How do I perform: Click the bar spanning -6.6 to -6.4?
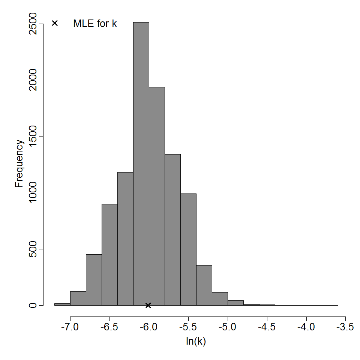tap(109, 255)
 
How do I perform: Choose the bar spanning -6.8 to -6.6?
tap(94, 280)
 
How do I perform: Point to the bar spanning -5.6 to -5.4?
tap(188, 249)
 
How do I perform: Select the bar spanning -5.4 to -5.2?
tap(204, 285)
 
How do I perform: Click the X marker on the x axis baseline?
tap(148, 305)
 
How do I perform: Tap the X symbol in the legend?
tap(55, 23)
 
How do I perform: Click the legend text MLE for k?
tap(95, 24)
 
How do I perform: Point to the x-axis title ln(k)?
tap(196, 342)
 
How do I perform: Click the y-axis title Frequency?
tap(19, 163)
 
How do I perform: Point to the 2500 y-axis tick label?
tap(33, 24)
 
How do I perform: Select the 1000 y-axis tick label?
tap(33, 193)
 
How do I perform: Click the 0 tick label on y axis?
tap(33, 305)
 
